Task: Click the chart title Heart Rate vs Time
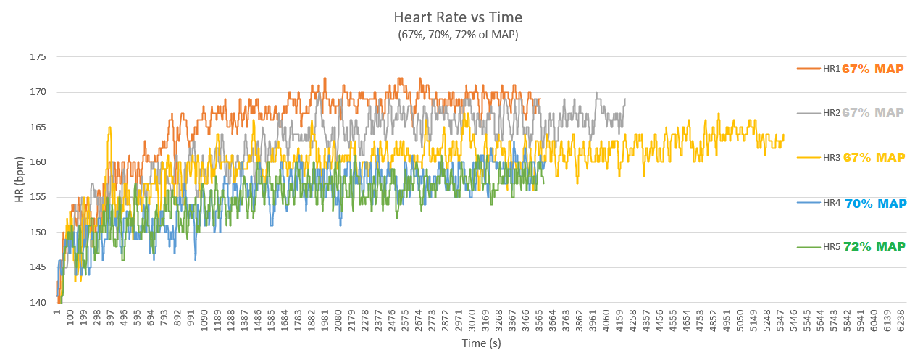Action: click(458, 17)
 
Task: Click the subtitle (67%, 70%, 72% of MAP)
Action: click(458, 34)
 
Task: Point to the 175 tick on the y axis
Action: click(38, 57)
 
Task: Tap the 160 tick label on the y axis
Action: click(38, 162)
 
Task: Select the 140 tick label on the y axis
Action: click(38, 302)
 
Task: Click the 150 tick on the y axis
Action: click(38, 233)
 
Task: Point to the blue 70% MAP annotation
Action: click(876, 204)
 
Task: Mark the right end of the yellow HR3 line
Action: click(783, 135)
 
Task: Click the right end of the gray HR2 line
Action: click(625, 99)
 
